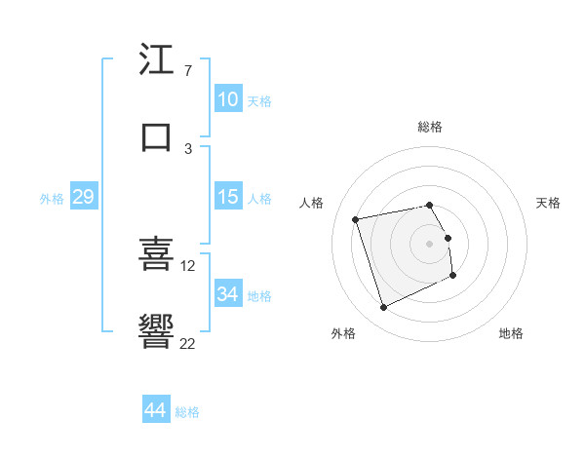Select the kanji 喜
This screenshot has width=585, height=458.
(x=156, y=253)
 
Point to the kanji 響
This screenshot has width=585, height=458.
(x=156, y=331)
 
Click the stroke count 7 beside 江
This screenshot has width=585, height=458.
(x=187, y=72)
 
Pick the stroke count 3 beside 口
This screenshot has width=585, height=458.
(x=187, y=148)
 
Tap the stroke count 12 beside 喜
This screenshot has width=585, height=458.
(x=188, y=265)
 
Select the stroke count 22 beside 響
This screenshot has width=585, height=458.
(x=188, y=343)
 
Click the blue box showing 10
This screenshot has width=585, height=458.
(x=228, y=99)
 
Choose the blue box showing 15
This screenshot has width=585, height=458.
(x=228, y=197)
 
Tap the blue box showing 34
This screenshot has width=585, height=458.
(x=228, y=293)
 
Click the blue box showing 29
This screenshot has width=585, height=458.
(x=83, y=197)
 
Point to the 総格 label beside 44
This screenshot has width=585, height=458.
(x=188, y=412)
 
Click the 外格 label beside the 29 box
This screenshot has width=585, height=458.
(x=52, y=199)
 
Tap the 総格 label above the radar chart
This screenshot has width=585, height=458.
(x=430, y=127)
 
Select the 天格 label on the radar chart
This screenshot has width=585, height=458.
(x=548, y=203)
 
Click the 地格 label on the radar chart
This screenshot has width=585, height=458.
(x=511, y=333)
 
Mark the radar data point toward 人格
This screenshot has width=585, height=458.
(x=356, y=218)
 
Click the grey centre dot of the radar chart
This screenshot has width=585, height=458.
(x=430, y=244)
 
